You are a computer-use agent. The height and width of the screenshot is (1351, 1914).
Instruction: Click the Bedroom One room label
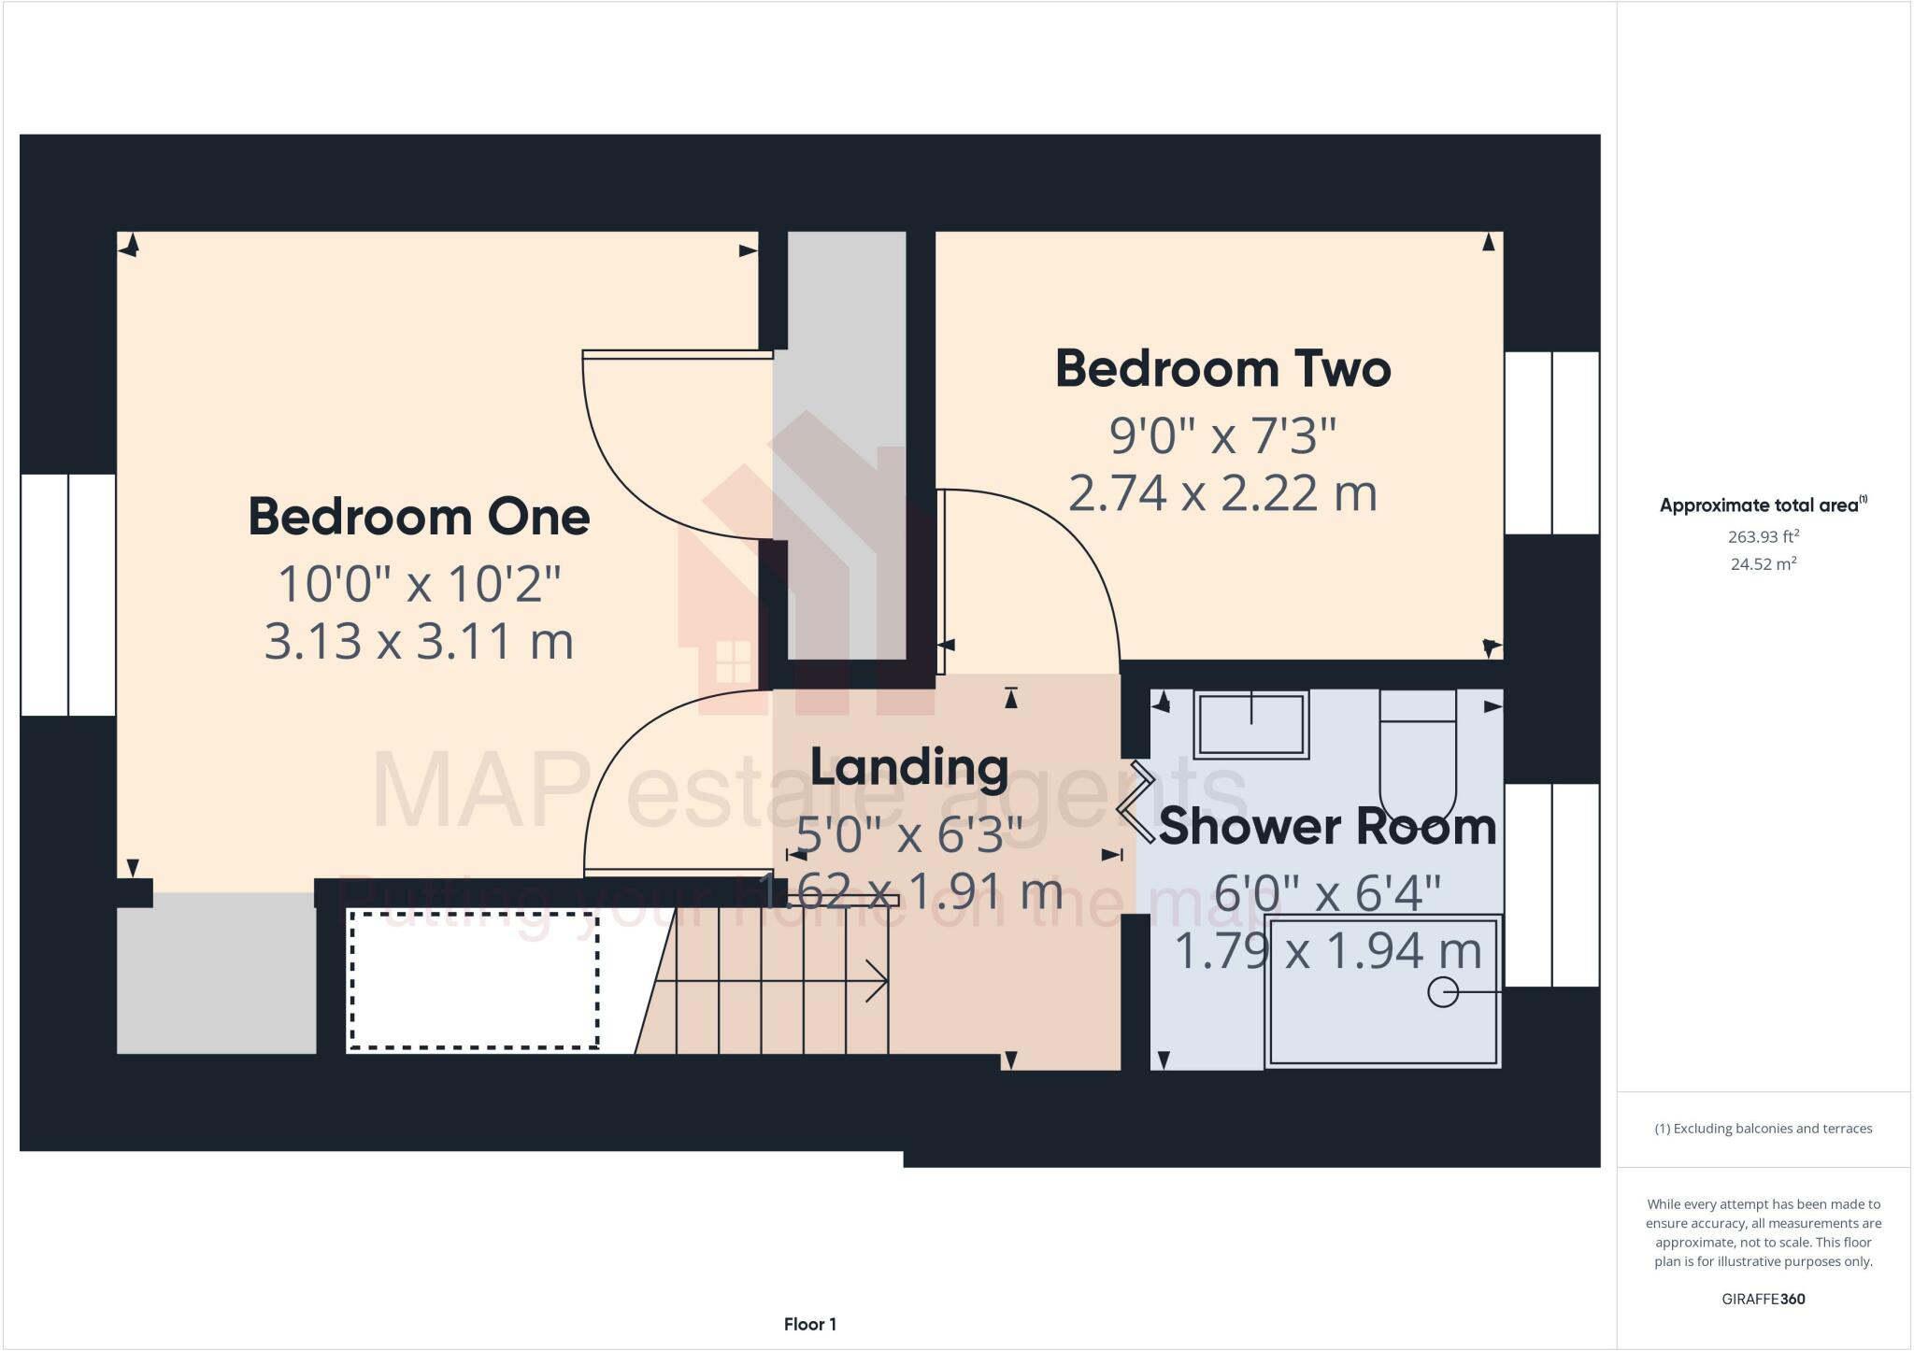coord(419,517)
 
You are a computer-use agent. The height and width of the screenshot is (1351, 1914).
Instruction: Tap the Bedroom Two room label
coord(1222,369)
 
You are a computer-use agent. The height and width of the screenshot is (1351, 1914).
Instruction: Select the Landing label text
coord(908,767)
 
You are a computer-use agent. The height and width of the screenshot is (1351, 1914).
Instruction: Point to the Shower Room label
coord(1327,827)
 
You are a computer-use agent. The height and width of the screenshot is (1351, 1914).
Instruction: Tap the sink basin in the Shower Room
coord(1251,726)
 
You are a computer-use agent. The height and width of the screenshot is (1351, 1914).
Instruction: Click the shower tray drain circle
coord(1443,991)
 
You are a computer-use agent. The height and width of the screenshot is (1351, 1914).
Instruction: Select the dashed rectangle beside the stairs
coord(474,980)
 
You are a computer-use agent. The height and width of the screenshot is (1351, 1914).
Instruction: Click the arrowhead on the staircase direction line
coord(879,981)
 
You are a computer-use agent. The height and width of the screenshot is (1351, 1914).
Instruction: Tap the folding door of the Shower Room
coord(1135,803)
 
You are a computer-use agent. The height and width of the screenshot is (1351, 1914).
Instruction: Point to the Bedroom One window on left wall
coord(68,595)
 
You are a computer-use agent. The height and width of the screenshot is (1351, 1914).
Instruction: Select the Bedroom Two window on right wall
coord(1551,443)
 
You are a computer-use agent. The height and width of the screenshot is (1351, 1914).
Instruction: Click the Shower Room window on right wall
coord(1551,885)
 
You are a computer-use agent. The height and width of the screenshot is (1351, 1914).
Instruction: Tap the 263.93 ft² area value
coord(1763,536)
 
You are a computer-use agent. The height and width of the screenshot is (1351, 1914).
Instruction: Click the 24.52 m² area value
coord(1763,563)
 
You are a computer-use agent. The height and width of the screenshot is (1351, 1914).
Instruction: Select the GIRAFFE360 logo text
coord(1763,1299)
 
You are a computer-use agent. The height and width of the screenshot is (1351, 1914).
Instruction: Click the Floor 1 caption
coord(810,1324)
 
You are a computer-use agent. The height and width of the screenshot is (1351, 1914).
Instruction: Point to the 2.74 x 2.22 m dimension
coord(1222,493)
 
